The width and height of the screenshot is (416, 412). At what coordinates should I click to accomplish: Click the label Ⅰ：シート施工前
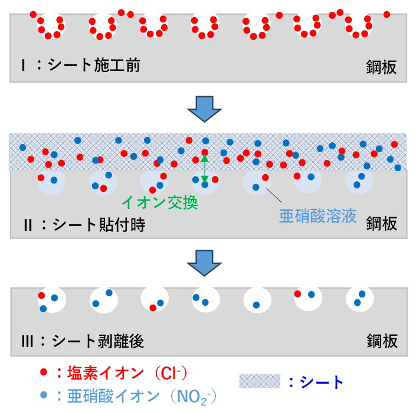click(81, 66)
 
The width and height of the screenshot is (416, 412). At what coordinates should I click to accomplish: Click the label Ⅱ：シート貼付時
click(84, 225)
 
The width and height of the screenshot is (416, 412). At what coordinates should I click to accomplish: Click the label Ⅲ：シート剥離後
click(83, 341)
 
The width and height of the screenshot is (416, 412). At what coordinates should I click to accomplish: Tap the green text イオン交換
click(160, 203)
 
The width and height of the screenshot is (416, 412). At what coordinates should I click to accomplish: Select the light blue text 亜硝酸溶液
click(317, 216)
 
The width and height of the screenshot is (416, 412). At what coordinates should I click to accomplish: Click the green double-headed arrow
click(205, 169)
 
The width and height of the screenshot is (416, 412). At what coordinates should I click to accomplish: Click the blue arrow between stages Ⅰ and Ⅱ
click(204, 109)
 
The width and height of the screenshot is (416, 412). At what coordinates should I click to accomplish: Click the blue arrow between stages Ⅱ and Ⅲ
click(204, 263)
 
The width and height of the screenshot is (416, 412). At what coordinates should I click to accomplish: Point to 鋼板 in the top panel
click(381, 67)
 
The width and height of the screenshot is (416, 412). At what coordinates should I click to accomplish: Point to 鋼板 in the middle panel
click(382, 223)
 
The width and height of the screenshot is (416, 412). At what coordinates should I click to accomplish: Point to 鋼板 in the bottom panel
click(382, 341)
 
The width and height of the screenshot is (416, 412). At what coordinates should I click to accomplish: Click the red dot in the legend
click(44, 372)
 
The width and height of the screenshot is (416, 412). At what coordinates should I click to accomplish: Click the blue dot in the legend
click(44, 395)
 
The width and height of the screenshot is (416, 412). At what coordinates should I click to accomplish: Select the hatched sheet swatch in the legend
click(260, 381)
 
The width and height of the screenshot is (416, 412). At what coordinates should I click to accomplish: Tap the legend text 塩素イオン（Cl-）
click(122, 372)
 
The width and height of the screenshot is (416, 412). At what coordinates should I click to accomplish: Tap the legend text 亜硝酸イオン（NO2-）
click(137, 396)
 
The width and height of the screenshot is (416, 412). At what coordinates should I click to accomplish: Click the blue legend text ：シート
click(316, 382)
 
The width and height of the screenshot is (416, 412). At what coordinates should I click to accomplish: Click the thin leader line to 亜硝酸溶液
click(274, 195)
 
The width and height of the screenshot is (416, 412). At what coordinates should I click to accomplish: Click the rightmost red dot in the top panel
click(387, 14)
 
